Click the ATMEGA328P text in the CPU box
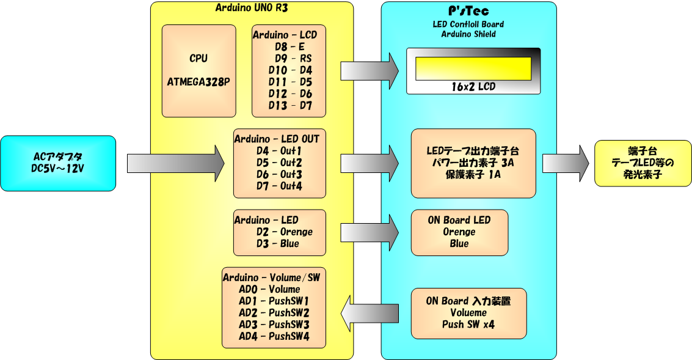point(198,81)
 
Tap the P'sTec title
point(468,11)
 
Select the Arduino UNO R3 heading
point(252,7)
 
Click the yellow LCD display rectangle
point(473,68)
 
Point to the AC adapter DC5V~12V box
point(58,163)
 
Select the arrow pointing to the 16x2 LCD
point(369,70)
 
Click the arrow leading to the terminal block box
point(565,163)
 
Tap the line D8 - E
point(290,46)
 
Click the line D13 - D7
point(290,105)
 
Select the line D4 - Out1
point(279,150)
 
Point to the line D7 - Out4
point(279,185)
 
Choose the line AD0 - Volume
point(269,289)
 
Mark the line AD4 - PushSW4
point(274,336)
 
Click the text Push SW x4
point(468,325)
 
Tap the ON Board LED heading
point(459,220)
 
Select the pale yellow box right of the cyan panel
point(641,163)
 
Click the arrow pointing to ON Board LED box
point(369,232)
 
